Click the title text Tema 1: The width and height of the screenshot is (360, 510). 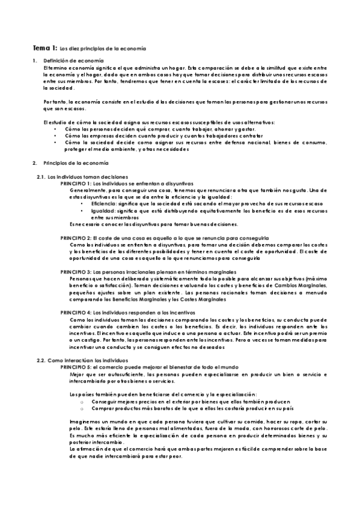point(44,48)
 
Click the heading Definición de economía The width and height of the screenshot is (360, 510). point(67,61)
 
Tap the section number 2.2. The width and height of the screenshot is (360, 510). point(41,360)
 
